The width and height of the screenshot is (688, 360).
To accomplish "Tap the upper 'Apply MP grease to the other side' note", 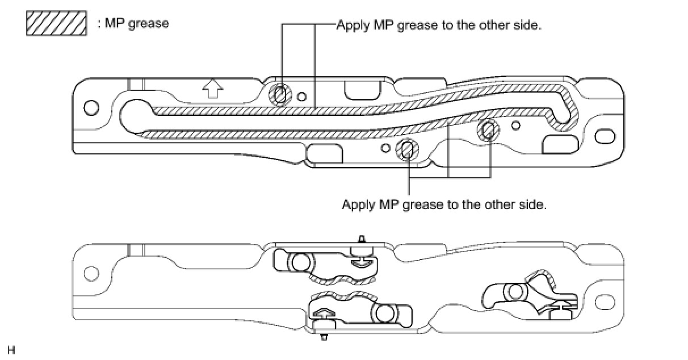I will [437, 25].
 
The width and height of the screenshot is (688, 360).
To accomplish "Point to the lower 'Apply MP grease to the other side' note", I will [444, 204].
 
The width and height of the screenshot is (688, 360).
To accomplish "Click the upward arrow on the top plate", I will [213, 88].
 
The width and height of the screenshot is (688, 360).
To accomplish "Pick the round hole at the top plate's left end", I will [91, 107].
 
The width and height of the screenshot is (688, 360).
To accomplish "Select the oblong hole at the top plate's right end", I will [605, 136].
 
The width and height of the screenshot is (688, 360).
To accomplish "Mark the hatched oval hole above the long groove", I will [280, 95].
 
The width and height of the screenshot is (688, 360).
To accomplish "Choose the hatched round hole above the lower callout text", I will [406, 149].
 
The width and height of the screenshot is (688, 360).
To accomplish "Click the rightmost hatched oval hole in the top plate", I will [488, 131].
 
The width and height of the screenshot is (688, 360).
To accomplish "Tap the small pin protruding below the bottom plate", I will [324, 337].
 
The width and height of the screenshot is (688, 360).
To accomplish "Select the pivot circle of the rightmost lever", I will [515, 292].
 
